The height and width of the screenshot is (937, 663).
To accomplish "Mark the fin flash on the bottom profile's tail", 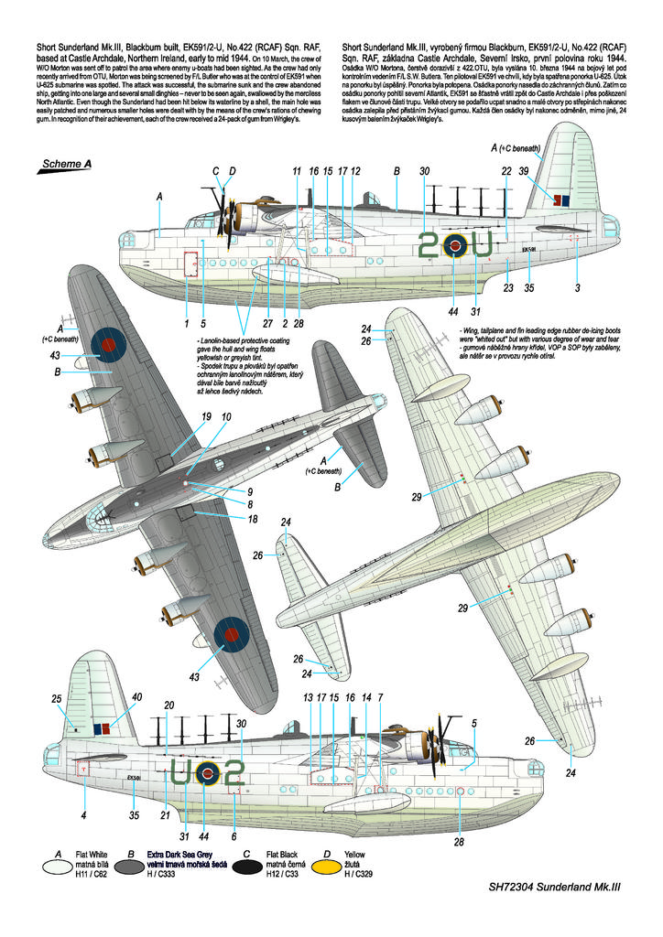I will tap(101, 729).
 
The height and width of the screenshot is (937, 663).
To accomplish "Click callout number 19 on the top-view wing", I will tap(206, 416).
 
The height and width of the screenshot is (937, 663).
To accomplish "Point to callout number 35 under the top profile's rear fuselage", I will tap(528, 288).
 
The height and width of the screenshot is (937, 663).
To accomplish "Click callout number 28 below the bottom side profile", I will tap(458, 842).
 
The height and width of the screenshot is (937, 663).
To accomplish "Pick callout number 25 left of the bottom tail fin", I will tap(57, 698).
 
